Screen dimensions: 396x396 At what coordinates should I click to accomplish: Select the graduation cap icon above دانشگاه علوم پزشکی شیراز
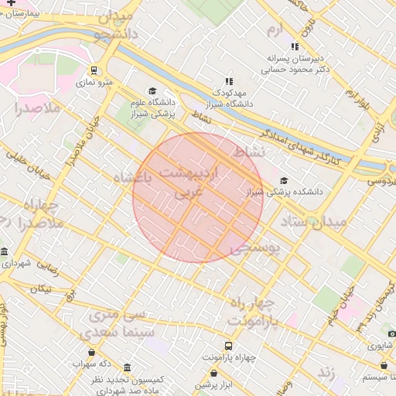tap(152, 91)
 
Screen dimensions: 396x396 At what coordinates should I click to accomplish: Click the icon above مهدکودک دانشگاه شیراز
tap(228, 80)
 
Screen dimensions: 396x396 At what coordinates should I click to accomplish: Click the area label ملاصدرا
tap(36, 108)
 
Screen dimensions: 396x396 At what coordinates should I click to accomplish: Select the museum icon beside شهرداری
tap(5, 253)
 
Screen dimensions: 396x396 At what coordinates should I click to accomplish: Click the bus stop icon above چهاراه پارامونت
tap(228, 346)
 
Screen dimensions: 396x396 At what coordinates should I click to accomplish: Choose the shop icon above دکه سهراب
tap(93, 353)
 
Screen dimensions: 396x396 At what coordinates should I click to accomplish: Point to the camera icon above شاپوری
tap(392, 333)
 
